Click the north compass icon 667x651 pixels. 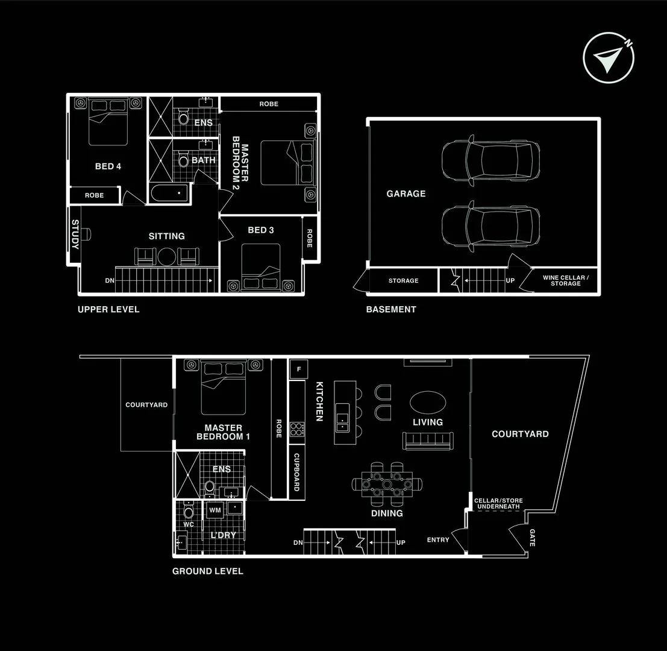[609, 57]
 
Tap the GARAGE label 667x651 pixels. [406, 193]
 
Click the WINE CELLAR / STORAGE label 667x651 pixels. [565, 280]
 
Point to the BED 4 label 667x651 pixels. [108, 166]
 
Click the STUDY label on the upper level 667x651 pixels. [75, 234]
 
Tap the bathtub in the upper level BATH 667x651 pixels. [169, 194]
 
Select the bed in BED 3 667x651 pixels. [260, 267]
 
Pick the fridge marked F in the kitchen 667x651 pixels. [298, 369]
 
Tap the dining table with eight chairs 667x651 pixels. [386, 483]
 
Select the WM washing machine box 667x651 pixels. [215, 511]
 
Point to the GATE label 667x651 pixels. [532, 537]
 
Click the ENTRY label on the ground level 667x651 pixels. [438, 539]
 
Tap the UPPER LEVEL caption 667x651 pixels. [108, 309]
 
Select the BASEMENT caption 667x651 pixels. [391, 309]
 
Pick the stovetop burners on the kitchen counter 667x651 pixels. [296, 429]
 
